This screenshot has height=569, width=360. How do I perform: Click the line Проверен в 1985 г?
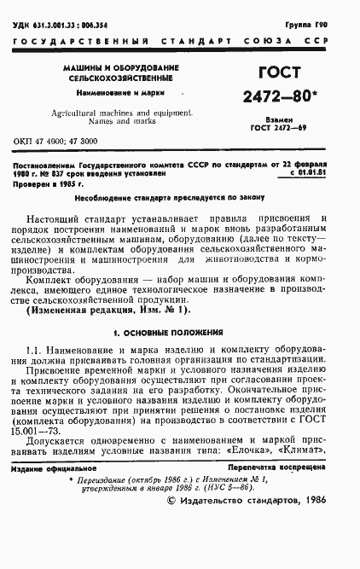coord(50,181)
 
